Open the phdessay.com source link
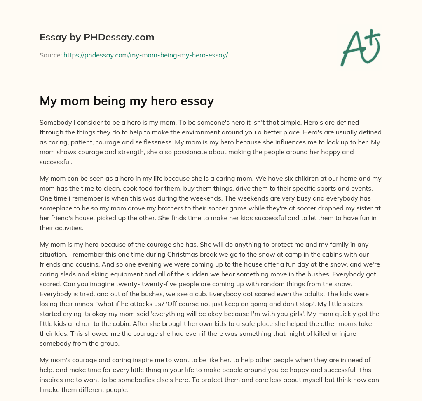point(145,55)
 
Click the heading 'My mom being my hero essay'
point(127,101)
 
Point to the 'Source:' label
point(51,55)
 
